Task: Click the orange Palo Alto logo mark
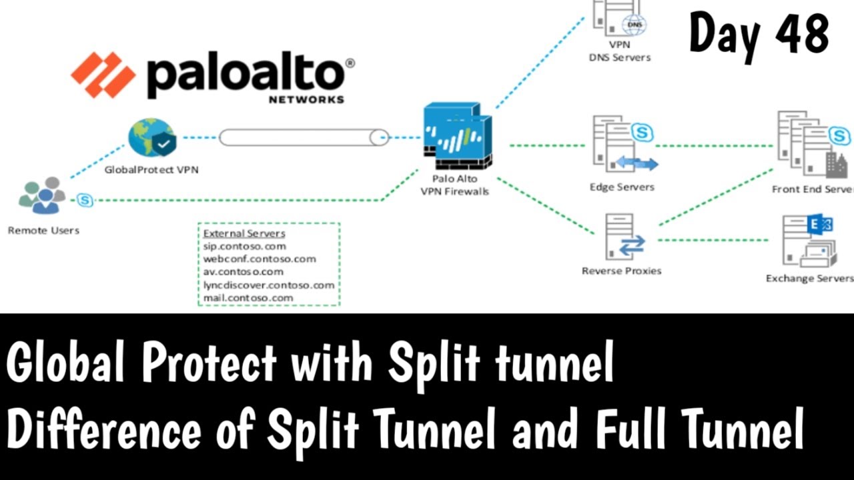pyautogui.click(x=103, y=75)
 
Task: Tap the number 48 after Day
pyautogui.click(x=802, y=33)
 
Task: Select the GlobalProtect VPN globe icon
pyautogui.click(x=152, y=137)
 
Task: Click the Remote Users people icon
pyautogui.click(x=42, y=195)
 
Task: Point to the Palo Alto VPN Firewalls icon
pyautogui.click(x=458, y=135)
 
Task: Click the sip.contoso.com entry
pyautogui.click(x=245, y=247)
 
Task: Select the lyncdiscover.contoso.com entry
pyautogui.click(x=269, y=285)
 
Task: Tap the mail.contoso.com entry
pyautogui.click(x=248, y=298)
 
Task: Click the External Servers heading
pyautogui.click(x=244, y=233)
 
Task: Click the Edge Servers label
pyautogui.click(x=622, y=187)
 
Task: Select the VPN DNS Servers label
pyautogui.click(x=620, y=51)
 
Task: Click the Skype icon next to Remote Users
pyautogui.click(x=85, y=200)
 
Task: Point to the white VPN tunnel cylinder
pyautogui.click(x=304, y=137)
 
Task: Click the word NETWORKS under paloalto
pyautogui.click(x=306, y=100)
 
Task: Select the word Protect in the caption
pyautogui.click(x=209, y=361)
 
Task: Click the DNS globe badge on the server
pyautogui.click(x=634, y=25)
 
